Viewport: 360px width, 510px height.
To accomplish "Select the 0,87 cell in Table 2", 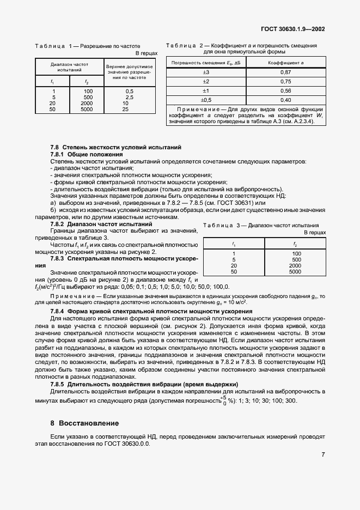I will click(x=285, y=72).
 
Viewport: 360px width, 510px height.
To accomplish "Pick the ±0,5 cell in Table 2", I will click(x=206, y=100).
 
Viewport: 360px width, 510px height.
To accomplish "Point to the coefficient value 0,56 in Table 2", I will click(x=285, y=90).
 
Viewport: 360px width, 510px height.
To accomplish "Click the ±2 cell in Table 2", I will click(x=206, y=81).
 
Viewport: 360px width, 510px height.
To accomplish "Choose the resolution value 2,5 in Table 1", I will click(x=129, y=97).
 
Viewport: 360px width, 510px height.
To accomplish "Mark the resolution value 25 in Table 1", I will click(x=125, y=109).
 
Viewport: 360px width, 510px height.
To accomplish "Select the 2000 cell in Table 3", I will click(x=295, y=265).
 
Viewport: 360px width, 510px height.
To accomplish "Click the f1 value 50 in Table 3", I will click(x=234, y=271).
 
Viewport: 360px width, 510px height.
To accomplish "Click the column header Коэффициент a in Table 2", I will click(x=285, y=63).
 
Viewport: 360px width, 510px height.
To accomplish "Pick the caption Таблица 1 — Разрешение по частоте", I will click(x=88, y=46).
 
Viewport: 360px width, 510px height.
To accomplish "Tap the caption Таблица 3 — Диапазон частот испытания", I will click(x=264, y=225).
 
